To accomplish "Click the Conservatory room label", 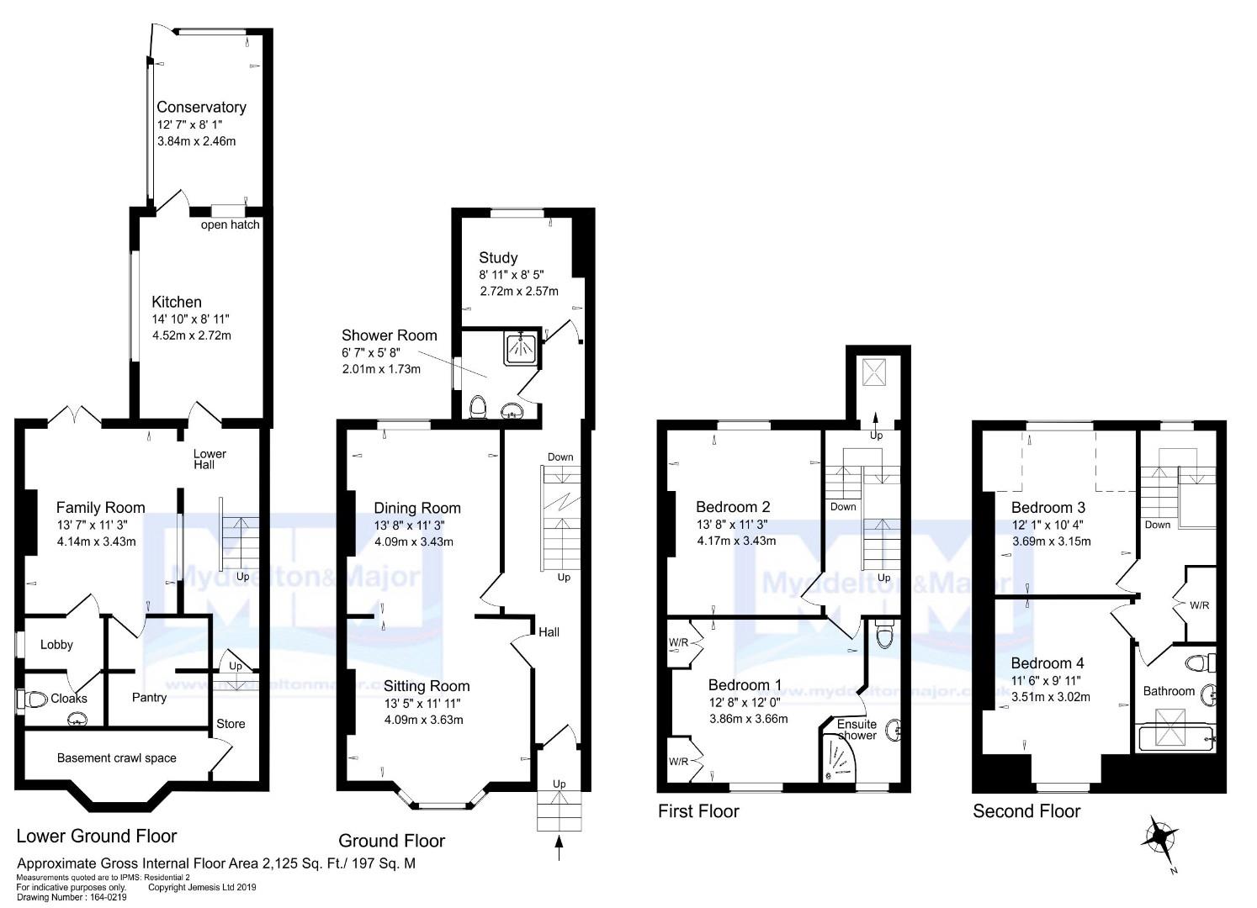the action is coord(201,107).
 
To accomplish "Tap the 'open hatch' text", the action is coord(230,224).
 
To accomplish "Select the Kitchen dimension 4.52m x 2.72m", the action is coord(191,335).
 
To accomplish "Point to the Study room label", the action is coord(498,258).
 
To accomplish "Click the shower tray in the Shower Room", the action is coord(522,349).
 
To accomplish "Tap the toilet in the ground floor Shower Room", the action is coord(478,406).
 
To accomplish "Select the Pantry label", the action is coord(149,697).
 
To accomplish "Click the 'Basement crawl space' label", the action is coord(117,758).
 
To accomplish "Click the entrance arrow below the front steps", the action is coord(559,847).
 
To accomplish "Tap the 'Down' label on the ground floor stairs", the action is coord(560,457).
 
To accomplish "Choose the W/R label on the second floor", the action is coord(1199,605).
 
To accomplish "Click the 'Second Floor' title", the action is coord(1026,811).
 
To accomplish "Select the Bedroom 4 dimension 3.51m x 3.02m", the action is coord(1051,697).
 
